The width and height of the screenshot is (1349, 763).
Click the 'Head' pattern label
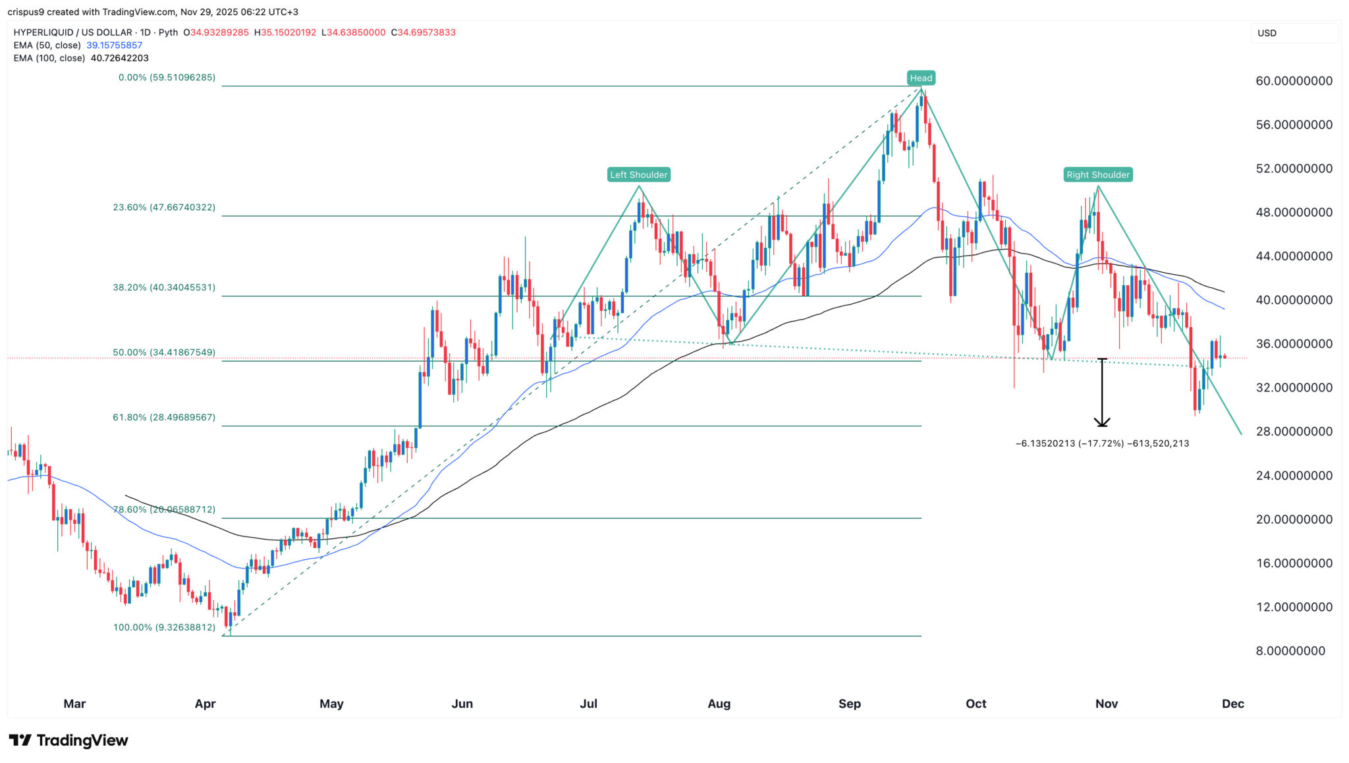coord(920,78)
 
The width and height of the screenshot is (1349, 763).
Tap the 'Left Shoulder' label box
coord(638,175)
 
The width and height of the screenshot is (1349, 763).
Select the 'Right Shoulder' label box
coord(1097,175)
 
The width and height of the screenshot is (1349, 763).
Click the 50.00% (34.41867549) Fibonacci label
coord(164,353)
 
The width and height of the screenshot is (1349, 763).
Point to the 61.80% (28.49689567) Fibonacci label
coord(164,417)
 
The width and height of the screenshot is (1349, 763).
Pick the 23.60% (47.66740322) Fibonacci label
coord(164,208)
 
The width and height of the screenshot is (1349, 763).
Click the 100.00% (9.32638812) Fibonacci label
coord(164,627)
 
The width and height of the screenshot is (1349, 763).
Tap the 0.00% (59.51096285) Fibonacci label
coord(167,78)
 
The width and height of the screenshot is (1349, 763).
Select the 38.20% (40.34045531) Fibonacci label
coord(164,288)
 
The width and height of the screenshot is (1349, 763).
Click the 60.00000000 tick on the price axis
coord(1294,81)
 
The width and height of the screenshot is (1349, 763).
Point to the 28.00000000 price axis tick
coord(1294,432)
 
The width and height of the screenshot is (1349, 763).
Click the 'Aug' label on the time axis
coord(719,704)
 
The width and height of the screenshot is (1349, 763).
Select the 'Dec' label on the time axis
coord(1232,704)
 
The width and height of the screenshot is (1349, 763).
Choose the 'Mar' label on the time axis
coord(74,704)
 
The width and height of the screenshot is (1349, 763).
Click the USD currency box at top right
coord(1293,33)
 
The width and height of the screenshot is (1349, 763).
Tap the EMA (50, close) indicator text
coord(47,45)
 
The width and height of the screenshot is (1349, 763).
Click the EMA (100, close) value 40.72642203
coord(119,58)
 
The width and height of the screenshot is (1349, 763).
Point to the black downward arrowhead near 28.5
coord(1102,423)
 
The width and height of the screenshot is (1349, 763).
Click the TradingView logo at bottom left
coord(69,741)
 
